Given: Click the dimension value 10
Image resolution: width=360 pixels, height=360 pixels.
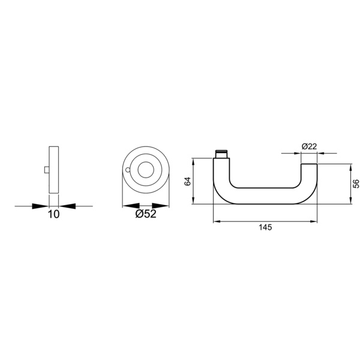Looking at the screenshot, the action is pos(53,214).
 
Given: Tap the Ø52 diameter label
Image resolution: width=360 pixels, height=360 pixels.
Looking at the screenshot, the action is pos(146,214).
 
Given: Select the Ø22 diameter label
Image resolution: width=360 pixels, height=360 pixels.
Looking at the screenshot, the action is pos(309,146).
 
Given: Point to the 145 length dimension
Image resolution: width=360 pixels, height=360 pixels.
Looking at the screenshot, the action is pos(265,227).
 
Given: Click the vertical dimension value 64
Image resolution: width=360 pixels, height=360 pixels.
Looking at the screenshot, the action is pos(188,181).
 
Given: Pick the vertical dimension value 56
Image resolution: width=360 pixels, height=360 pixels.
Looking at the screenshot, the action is pos(356,184).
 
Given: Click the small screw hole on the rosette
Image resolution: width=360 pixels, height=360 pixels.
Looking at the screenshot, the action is pos(128,170).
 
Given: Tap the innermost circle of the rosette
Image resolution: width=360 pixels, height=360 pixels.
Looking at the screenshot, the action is pos(146,170).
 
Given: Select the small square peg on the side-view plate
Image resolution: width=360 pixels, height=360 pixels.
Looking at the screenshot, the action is pos(47,170).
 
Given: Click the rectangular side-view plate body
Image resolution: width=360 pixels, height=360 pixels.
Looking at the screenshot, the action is pos(54,170).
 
